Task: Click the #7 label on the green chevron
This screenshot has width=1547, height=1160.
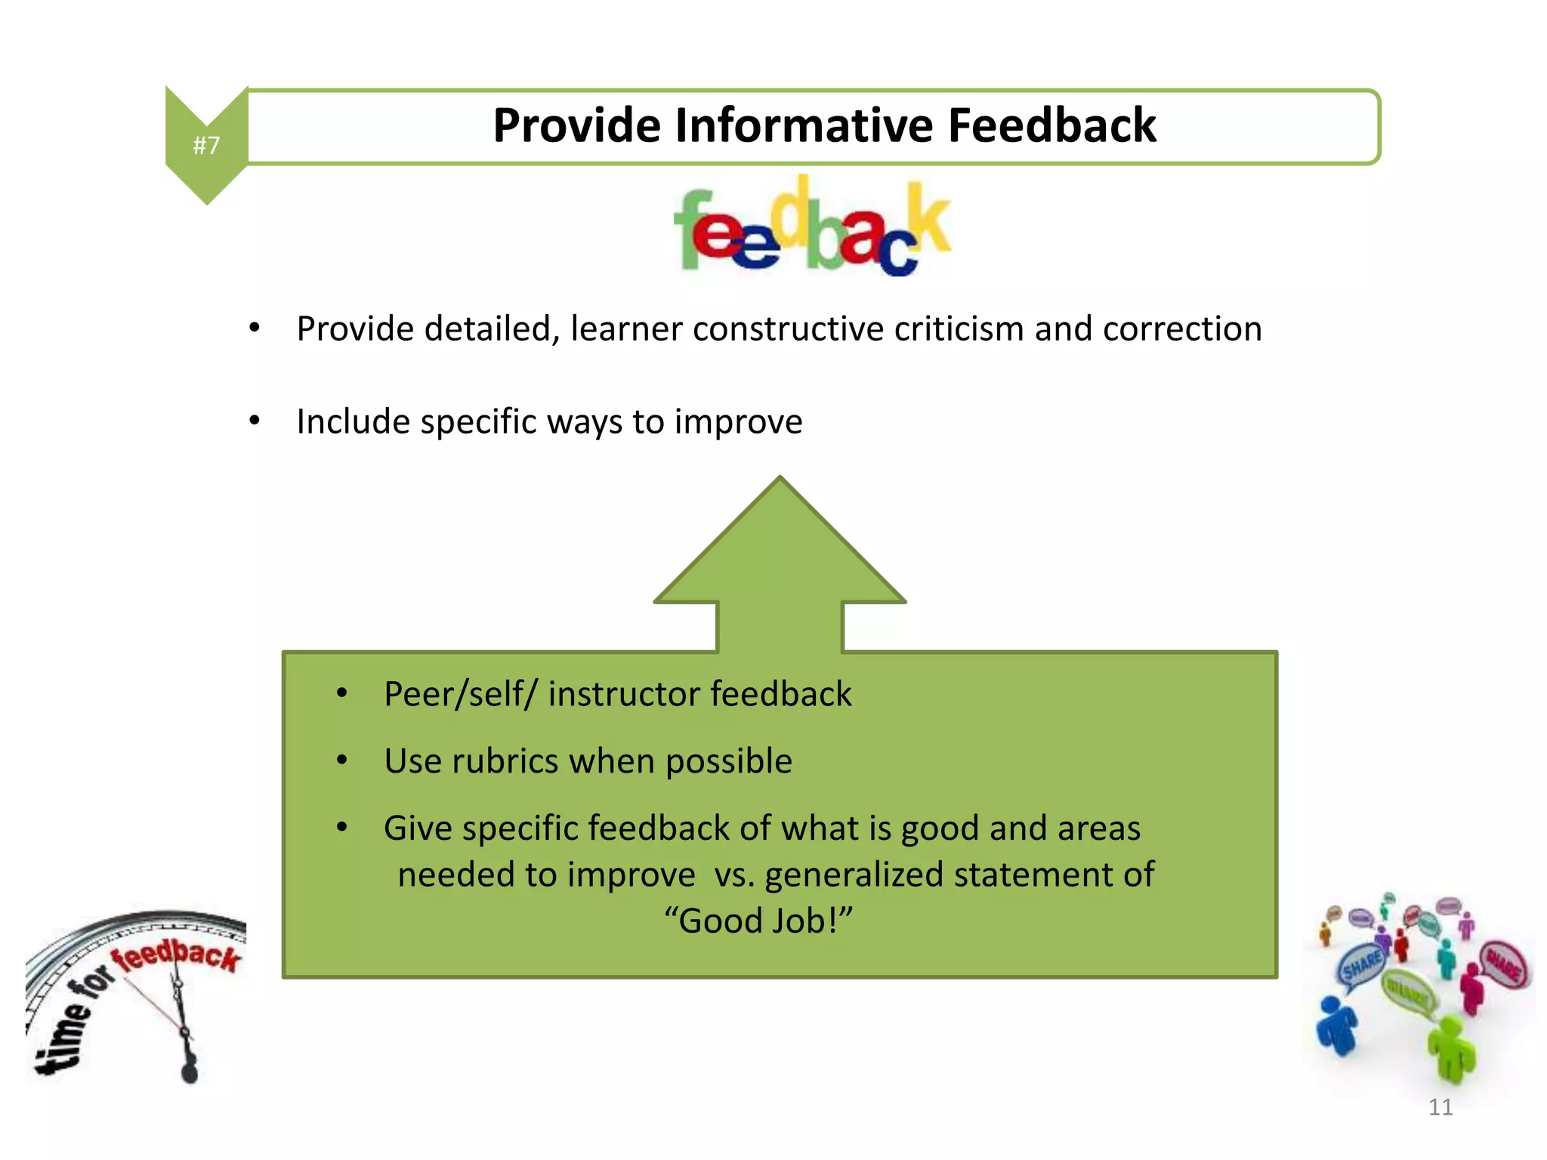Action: point(206,145)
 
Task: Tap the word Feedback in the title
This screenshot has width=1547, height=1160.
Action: point(1051,125)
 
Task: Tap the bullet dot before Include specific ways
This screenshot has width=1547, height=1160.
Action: point(255,421)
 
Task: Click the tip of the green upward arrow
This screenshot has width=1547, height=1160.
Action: point(780,480)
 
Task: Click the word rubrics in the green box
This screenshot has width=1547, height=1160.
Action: point(505,761)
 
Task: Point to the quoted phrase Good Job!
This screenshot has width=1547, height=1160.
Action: point(758,921)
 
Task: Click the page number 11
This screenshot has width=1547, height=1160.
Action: point(1440,1108)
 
